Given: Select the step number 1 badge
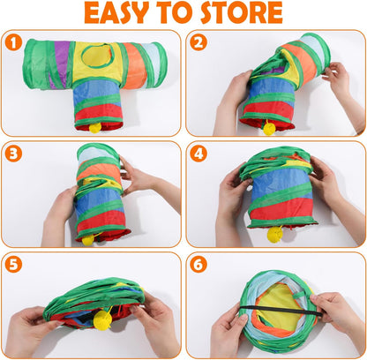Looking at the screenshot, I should [13, 43].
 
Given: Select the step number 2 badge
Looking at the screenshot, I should [197, 43].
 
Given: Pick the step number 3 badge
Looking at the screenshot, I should [13, 153].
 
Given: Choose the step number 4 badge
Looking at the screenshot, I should [197, 153].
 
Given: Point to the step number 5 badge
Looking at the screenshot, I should [13, 263].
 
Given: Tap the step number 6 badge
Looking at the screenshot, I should [197, 263].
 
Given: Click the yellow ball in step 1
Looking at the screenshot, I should [94, 127].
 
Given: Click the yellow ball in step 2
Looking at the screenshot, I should [268, 129].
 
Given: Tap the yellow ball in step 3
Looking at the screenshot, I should [87, 239].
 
